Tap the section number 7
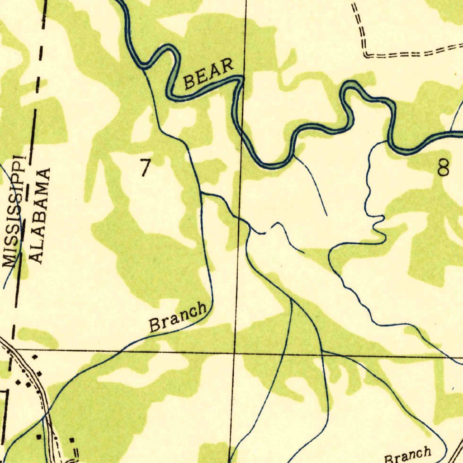click(x=145, y=168)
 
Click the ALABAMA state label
click(x=40, y=216)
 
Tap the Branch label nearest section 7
click(x=178, y=317)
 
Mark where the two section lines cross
click(x=235, y=351)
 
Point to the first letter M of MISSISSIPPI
click(x=9, y=260)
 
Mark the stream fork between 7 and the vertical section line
click(x=202, y=193)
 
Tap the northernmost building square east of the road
click(x=34, y=357)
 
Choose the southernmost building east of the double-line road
click(x=72, y=439)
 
